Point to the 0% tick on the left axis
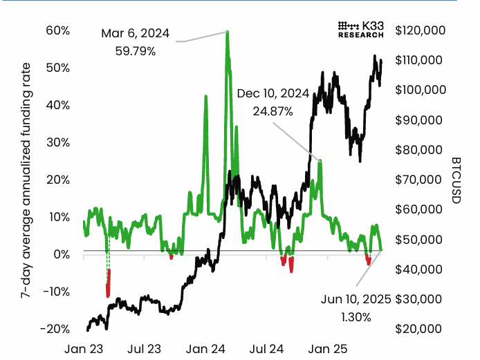pyautogui.click(x=60, y=254)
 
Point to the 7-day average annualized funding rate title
pyautogui.click(x=26, y=179)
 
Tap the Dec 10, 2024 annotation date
pyautogui.click(x=272, y=93)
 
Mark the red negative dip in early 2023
pyautogui.click(x=108, y=285)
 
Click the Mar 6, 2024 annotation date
pyautogui.click(x=135, y=33)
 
